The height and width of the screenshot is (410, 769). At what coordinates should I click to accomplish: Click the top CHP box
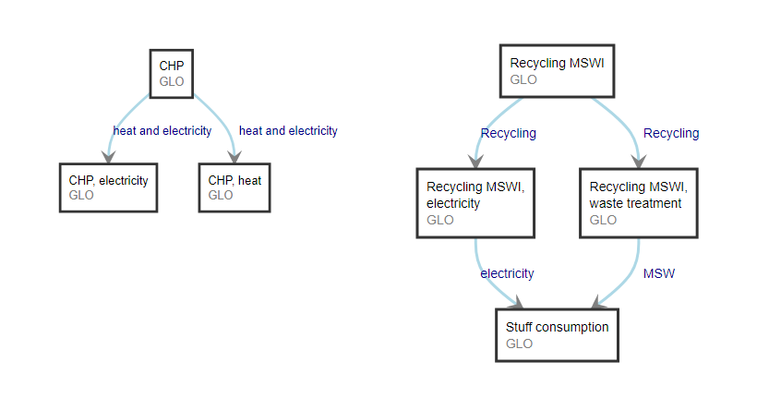(172, 73)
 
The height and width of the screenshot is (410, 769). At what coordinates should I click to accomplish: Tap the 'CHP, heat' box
(234, 187)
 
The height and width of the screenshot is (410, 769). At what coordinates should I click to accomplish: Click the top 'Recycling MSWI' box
(557, 71)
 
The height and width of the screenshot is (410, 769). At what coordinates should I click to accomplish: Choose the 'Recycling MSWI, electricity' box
(475, 203)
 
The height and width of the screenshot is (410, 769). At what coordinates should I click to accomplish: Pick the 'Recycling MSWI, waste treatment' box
(638, 203)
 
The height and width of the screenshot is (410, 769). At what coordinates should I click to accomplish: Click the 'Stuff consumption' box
(557, 334)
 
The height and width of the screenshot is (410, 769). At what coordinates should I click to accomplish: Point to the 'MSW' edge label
(658, 273)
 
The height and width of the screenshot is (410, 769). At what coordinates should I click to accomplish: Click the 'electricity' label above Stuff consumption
(507, 273)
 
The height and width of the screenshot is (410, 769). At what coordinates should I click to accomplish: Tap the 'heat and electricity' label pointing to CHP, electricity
(162, 131)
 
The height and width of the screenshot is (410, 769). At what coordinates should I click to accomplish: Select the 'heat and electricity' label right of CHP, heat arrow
(288, 131)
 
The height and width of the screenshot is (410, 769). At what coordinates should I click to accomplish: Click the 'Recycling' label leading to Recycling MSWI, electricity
(508, 133)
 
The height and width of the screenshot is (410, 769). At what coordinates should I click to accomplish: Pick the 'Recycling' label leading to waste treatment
(671, 133)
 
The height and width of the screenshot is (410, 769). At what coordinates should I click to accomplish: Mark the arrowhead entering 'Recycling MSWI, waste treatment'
(638, 159)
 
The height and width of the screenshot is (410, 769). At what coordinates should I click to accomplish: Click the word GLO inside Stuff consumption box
(520, 344)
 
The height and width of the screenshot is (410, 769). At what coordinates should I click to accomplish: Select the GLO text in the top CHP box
(172, 81)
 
